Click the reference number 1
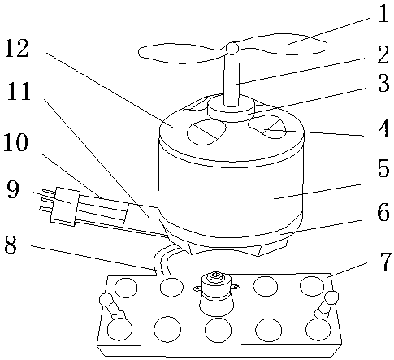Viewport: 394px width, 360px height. [383, 13]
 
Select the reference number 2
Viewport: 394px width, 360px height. [383, 54]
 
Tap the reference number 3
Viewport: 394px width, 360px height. [383, 83]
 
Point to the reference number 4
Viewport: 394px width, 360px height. [384, 128]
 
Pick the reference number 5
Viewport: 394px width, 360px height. [383, 168]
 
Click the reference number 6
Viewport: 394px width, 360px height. [383, 212]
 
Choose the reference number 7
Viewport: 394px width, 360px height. [386, 261]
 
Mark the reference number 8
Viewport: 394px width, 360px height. [11, 244]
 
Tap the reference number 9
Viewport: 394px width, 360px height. [13, 189]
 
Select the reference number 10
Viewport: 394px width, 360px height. [16, 141]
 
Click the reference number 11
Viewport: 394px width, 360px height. [19, 92]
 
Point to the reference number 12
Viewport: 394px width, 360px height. [17, 48]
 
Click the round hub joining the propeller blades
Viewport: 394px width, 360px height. [232, 49]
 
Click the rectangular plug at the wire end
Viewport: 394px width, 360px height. [65, 206]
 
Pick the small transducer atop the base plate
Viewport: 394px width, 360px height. [216, 293]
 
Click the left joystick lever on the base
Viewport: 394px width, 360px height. [112, 306]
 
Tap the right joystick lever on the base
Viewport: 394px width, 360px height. [327, 305]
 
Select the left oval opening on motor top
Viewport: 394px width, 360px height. [206, 132]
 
